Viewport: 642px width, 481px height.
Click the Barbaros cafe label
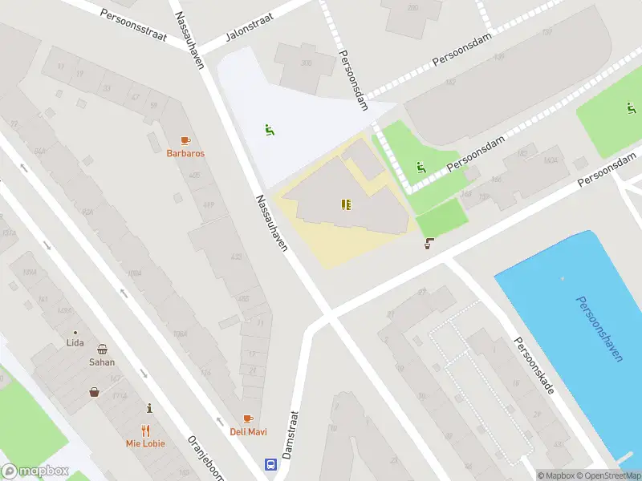click(185, 153)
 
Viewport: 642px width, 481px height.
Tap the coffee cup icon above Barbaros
click(185, 140)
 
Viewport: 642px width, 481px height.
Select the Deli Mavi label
click(248, 432)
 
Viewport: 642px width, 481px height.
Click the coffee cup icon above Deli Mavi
click(248, 419)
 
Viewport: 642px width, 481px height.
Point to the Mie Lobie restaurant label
click(145, 443)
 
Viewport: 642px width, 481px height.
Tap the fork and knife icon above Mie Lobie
click(145, 430)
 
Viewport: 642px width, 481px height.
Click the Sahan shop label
click(102, 362)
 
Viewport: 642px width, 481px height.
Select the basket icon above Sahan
click(103, 349)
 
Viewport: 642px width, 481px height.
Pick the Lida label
click(75, 343)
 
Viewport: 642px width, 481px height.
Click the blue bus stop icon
click(272, 464)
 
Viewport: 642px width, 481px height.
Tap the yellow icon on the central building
click(344, 205)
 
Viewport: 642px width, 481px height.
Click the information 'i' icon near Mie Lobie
click(148, 408)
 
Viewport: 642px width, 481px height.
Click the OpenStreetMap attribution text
click(610, 475)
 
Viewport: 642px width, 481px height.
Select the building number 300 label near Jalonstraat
click(305, 63)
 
